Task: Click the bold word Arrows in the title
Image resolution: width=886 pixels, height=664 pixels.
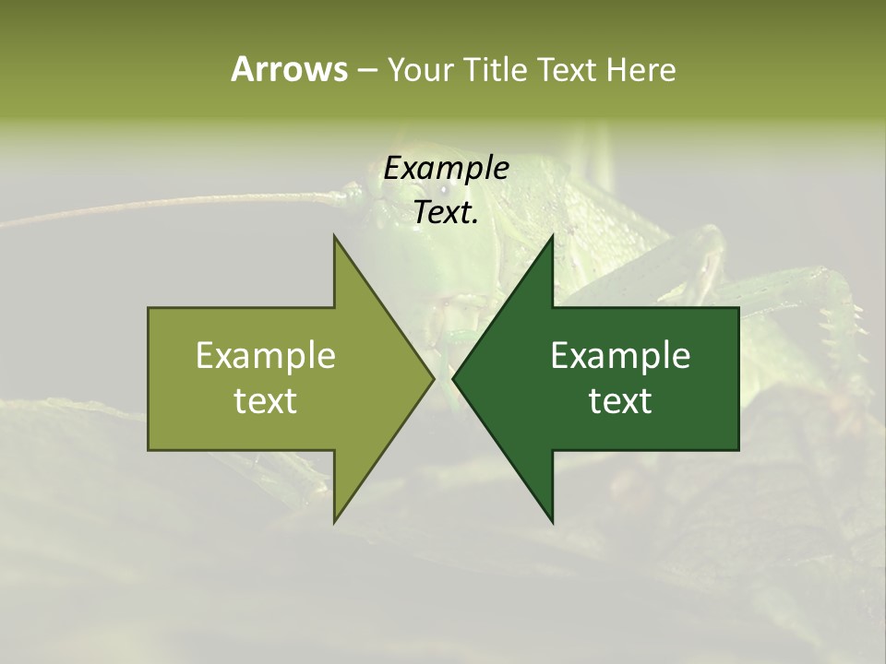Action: click(x=289, y=69)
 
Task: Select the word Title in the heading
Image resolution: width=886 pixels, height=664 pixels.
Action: click(x=496, y=69)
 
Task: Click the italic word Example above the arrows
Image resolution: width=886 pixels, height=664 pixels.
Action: click(x=446, y=169)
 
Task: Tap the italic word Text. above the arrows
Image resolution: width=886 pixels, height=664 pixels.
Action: click(x=446, y=212)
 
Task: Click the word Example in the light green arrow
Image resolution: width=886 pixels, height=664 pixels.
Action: click(x=265, y=355)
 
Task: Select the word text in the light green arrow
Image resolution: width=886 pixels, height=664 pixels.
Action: click(x=265, y=401)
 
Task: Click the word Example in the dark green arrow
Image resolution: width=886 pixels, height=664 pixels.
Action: click(x=620, y=355)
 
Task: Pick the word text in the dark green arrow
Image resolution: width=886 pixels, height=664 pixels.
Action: click(x=620, y=401)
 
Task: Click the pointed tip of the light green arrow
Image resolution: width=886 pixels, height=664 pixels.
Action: click(x=433, y=378)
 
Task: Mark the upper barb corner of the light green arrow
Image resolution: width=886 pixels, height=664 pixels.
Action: click(x=334, y=236)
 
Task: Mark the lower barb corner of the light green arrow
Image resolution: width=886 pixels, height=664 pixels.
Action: click(x=334, y=522)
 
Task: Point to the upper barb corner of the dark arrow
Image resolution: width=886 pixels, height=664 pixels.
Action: click(x=553, y=236)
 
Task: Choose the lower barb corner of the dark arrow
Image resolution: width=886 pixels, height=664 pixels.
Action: click(x=553, y=522)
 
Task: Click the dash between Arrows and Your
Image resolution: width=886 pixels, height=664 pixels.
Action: click(x=366, y=70)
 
